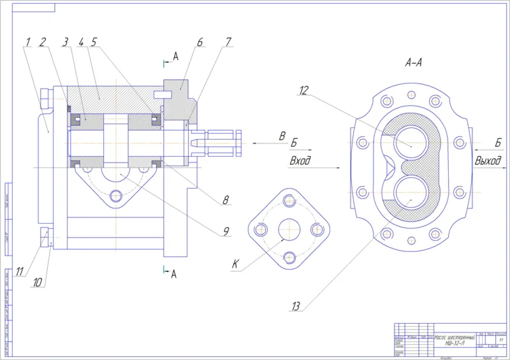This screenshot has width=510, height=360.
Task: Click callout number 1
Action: [x=27, y=43]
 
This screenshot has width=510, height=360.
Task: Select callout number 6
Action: [x=200, y=43]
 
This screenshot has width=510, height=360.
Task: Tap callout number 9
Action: [x=226, y=233]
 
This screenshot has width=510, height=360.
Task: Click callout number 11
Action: [x=20, y=271]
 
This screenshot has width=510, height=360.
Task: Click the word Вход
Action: [x=300, y=161]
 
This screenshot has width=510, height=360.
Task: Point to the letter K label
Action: [x=236, y=264]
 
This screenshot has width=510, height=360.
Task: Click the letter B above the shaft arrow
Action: [x=281, y=135]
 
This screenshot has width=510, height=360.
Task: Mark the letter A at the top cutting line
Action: [x=176, y=57]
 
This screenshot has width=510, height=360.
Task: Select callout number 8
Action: [x=225, y=200]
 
